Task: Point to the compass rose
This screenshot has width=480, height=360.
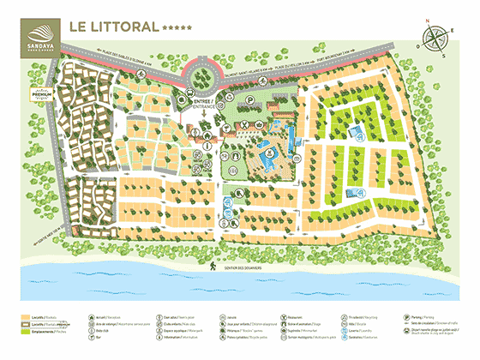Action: click(436, 39)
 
